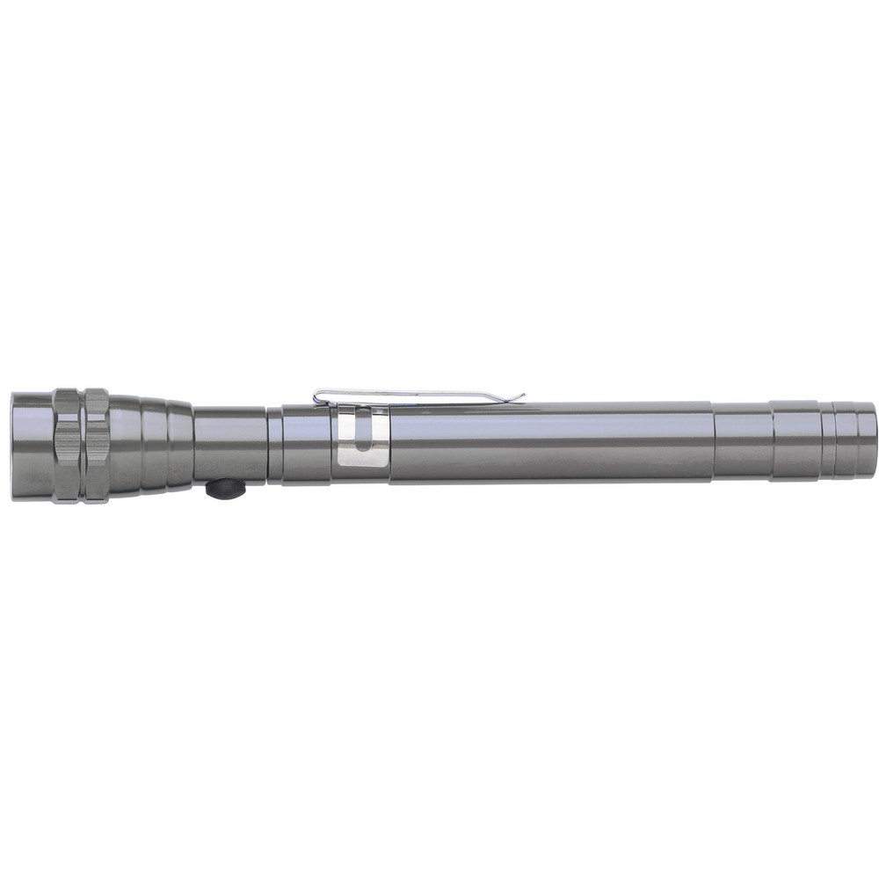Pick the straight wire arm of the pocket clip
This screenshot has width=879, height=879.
click(422, 396)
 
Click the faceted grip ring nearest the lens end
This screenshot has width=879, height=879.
click(66, 446)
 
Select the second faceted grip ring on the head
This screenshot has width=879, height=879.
click(96, 446)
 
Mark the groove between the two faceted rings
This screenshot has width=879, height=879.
click(81, 446)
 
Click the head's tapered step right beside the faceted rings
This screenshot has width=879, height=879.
click(125, 446)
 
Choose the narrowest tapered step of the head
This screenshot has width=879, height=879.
click(179, 445)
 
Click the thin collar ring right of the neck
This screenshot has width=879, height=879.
click(275, 444)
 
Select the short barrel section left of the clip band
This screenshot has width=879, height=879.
click(307, 443)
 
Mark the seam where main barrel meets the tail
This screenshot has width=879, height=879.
click(712, 442)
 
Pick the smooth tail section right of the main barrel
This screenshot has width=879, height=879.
click(743, 441)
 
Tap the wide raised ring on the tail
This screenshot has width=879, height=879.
click(796, 440)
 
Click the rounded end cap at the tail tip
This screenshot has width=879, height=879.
click(865, 439)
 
